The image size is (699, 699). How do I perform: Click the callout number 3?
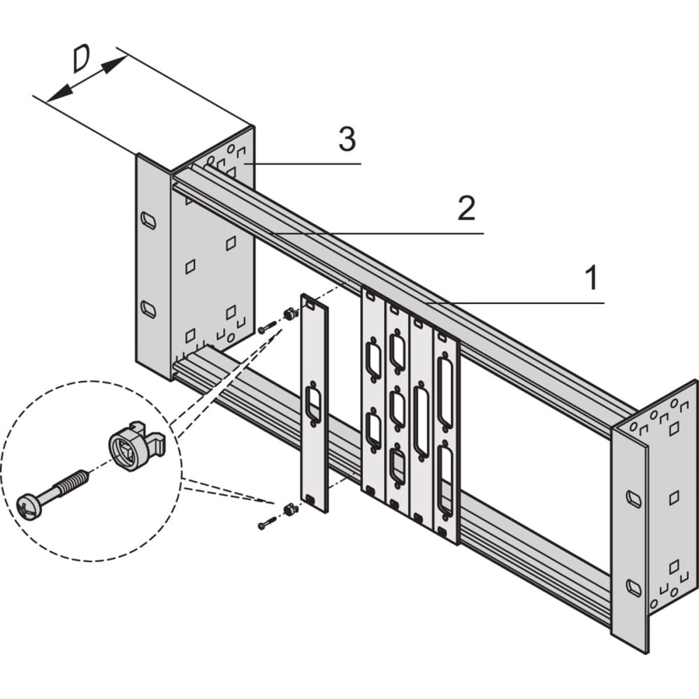pyautogui.click(x=347, y=139)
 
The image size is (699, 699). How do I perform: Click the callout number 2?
pyautogui.click(x=466, y=208)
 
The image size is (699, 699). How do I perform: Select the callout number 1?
pyautogui.click(x=591, y=278)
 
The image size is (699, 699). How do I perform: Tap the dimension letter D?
pyautogui.click(x=82, y=59)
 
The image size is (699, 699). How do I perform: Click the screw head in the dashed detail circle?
pyautogui.click(x=28, y=506)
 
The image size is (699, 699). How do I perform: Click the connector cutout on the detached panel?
pyautogui.click(x=313, y=404)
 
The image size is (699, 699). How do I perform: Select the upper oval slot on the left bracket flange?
pyautogui.click(x=148, y=219)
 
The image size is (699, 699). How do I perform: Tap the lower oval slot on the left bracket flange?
pyautogui.click(x=148, y=309)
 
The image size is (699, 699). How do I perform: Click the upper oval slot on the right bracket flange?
pyautogui.click(x=633, y=498)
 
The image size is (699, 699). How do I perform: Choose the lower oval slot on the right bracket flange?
pyautogui.click(x=633, y=588)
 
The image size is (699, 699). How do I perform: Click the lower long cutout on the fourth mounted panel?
pyautogui.click(x=445, y=480)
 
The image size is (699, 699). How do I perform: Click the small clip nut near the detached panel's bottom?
pyautogui.click(x=290, y=508)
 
